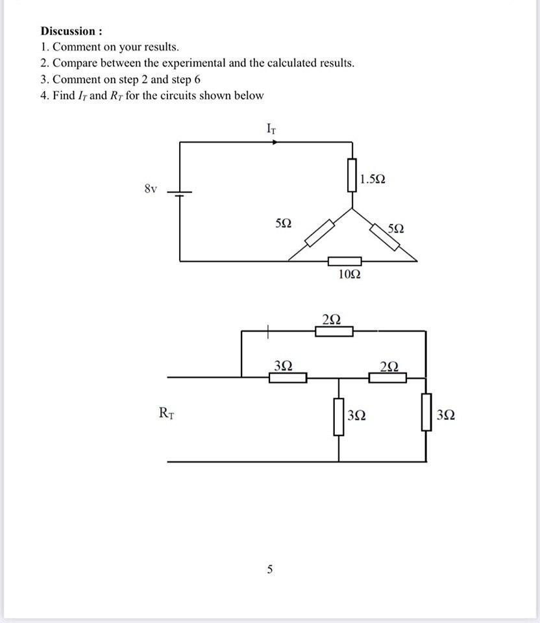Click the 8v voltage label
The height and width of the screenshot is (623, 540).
coord(150,189)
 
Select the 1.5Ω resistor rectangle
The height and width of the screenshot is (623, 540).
coord(352,175)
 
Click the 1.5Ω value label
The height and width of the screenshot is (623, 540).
coord(373,178)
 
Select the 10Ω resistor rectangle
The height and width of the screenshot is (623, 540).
coord(344,261)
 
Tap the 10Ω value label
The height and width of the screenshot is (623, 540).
coord(349,275)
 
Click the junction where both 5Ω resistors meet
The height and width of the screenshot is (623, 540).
coord(352,209)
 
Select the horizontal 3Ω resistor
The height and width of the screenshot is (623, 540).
coord(288,377)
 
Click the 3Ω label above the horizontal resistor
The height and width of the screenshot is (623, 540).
coord(283,365)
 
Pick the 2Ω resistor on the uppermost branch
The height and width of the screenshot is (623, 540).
coord(334,332)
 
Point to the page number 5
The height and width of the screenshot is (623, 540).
coord(270,570)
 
